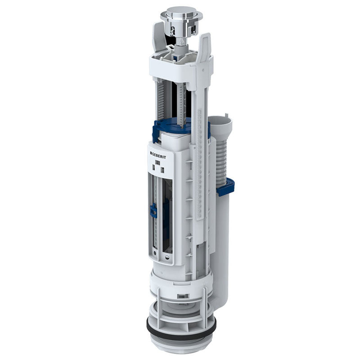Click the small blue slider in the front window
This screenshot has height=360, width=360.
(x=153, y=210)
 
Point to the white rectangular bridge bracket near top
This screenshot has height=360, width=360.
(x=180, y=67)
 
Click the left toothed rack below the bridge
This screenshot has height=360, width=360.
(x=162, y=101)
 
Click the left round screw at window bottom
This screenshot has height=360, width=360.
(x=156, y=258)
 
